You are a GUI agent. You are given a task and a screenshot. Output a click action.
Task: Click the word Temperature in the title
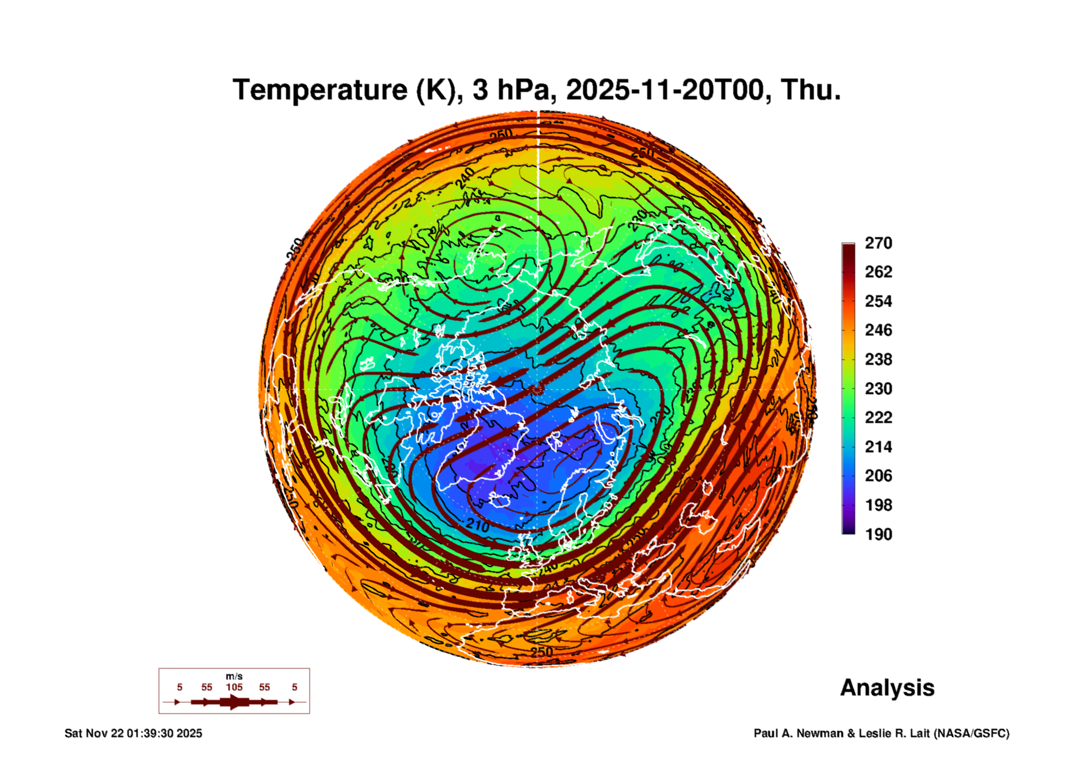pos(320,90)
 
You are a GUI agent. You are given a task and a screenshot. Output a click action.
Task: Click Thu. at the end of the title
pos(810,90)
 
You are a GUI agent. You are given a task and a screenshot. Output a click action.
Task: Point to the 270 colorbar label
pos(878,243)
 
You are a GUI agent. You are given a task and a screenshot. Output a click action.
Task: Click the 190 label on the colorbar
pos(878,534)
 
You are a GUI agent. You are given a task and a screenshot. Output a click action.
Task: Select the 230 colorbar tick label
pos(878,389)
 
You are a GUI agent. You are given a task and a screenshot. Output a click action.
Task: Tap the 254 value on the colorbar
pos(878,301)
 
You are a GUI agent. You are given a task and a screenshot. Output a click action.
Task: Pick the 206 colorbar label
pos(878,476)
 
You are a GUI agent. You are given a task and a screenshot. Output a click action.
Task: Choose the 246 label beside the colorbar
pos(878,330)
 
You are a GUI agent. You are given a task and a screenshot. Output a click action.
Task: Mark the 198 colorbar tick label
pos(878,505)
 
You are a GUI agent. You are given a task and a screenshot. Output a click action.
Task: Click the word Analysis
pos(887,688)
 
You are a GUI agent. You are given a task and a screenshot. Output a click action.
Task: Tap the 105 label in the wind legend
pos(234,687)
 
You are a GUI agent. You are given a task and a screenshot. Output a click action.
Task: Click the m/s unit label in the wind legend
pos(234,677)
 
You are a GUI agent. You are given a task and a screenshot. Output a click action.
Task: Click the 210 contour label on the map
pos(478,524)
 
